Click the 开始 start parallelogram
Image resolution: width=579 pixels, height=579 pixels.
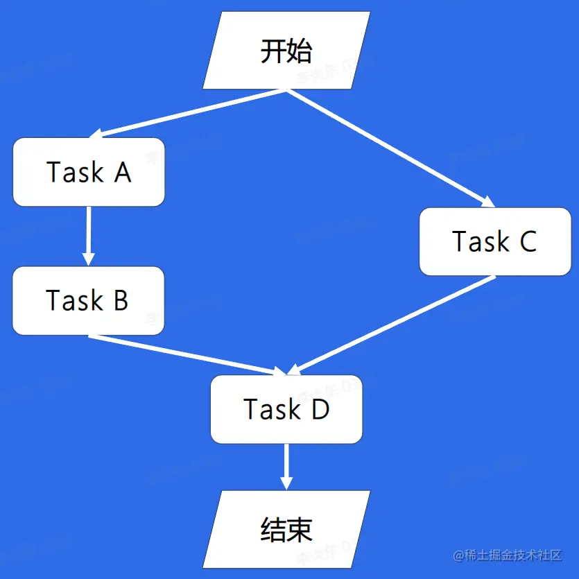286,51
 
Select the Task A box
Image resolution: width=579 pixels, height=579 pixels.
89,172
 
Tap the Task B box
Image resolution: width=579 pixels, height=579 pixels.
88,300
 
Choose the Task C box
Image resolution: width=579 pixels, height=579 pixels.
494,241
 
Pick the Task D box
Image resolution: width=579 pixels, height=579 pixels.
286,409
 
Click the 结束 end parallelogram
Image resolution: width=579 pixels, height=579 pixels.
286,529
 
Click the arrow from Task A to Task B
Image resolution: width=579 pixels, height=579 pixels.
88,236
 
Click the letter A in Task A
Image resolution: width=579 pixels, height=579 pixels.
123,172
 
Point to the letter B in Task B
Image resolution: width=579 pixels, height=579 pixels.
120,300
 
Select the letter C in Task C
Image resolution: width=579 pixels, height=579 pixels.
527,241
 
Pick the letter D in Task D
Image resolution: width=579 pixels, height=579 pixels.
320,409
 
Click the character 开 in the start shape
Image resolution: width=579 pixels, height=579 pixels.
273,51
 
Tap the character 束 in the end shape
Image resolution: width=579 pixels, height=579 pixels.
300,529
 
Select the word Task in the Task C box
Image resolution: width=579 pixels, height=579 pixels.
481,241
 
